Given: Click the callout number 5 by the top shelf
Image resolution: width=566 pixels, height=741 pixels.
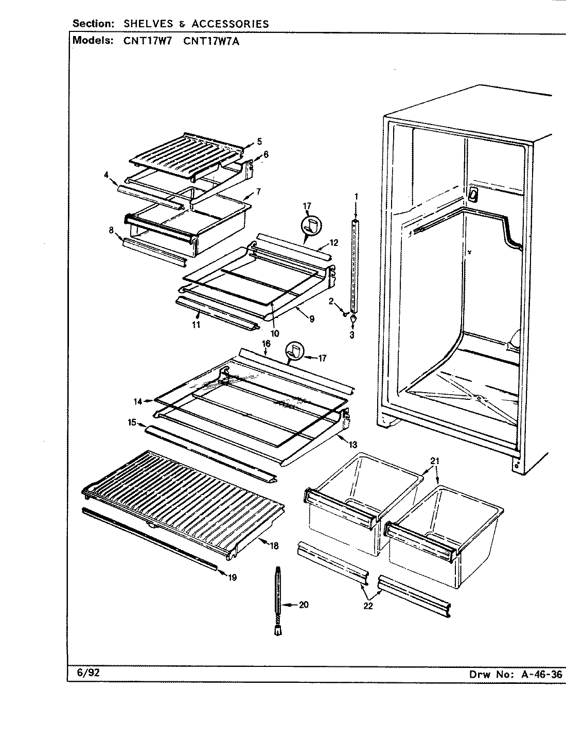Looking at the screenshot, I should [259, 141].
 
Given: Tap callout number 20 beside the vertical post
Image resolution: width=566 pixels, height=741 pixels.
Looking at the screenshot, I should [304, 605].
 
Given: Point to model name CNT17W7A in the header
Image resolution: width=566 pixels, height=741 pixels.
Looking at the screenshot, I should [211, 41].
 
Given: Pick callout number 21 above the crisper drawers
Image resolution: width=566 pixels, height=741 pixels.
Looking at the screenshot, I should [435, 461].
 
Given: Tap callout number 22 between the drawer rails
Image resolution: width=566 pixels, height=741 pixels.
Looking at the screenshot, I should [367, 606].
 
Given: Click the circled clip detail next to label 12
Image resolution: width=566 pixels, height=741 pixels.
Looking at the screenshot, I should [311, 226].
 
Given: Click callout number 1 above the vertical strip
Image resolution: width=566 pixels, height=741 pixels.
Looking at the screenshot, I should [356, 196].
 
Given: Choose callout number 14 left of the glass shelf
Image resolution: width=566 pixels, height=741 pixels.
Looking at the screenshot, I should [138, 400].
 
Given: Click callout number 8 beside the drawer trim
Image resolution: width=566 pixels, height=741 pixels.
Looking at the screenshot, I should [111, 230].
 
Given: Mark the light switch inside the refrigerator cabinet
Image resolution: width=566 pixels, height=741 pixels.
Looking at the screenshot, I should [471, 194].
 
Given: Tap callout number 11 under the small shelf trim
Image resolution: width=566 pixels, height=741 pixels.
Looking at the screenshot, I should [196, 324].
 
